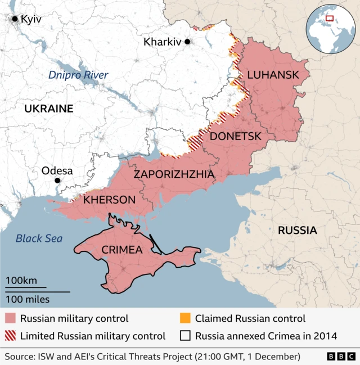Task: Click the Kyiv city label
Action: click(30, 19)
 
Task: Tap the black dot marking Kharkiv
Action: click(187, 42)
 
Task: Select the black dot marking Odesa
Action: click(57, 181)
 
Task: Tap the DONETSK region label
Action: click(235, 136)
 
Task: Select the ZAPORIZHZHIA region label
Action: click(174, 174)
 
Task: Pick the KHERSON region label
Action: click(109, 200)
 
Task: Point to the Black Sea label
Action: click(39, 238)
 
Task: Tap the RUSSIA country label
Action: click(298, 230)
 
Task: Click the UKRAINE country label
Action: click(48, 109)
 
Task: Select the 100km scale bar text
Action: click(21, 281)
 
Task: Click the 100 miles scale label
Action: click(28, 299)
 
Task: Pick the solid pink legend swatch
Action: click(11, 318)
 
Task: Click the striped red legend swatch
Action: click(11, 336)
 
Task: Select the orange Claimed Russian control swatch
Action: click(185, 318)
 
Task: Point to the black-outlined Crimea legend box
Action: click(185, 336)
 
